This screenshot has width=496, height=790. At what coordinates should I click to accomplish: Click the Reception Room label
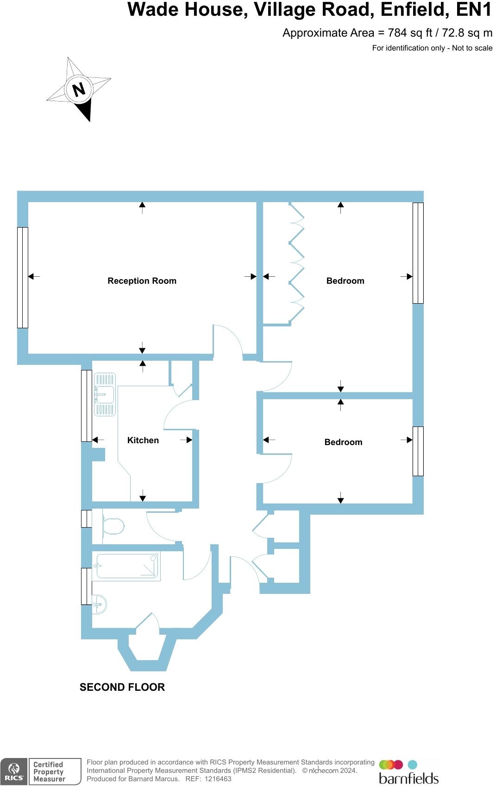[x=142, y=280]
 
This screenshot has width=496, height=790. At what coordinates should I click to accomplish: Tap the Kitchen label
[x=143, y=440]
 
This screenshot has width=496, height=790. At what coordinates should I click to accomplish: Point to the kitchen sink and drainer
[x=105, y=395]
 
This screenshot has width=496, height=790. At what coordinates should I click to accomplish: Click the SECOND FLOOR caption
[x=122, y=687]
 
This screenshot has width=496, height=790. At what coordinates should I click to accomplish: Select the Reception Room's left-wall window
[x=23, y=277]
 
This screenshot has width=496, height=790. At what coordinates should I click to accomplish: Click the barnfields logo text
[x=408, y=777]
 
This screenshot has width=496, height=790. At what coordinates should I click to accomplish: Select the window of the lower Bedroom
[x=418, y=451]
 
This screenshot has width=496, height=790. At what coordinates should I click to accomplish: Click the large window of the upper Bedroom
[x=418, y=253]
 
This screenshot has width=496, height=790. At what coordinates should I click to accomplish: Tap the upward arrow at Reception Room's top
[x=142, y=207]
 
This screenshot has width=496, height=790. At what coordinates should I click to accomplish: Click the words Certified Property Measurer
[x=49, y=771]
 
